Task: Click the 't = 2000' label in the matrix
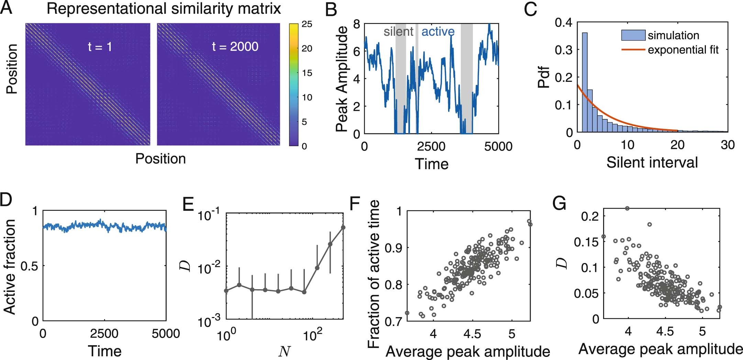[235, 46]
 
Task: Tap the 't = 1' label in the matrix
[100, 46]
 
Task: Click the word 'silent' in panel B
[398, 32]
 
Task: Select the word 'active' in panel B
[438, 32]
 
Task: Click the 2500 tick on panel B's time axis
[431, 146]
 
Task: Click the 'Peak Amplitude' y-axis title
[342, 79]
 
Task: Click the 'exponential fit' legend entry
[683, 50]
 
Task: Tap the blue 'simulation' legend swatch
[633, 35]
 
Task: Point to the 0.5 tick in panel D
[30, 266]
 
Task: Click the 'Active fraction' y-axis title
[10, 266]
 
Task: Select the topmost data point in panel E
[343, 227]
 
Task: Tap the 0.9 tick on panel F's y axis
[393, 248]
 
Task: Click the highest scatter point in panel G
[627, 208]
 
